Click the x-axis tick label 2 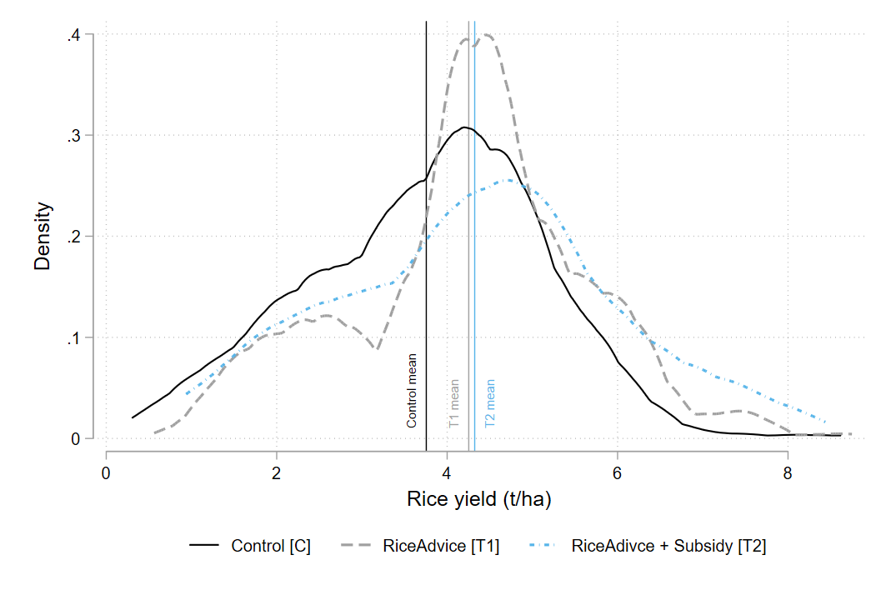[x=277, y=473]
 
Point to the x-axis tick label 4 [x=447, y=473]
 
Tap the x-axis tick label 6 [x=617, y=473]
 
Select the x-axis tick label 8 [x=788, y=473]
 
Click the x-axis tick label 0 [x=106, y=473]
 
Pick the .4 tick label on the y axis [x=73, y=36]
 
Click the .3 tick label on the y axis [x=73, y=136]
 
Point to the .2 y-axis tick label [x=73, y=237]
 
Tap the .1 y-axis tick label [x=73, y=338]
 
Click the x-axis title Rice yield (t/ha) [x=478, y=499]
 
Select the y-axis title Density [x=43, y=236]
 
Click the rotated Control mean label [x=412, y=391]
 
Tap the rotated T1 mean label [x=453, y=403]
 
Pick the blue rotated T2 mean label [x=489, y=403]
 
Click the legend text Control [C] [x=271, y=547]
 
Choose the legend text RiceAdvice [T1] [x=441, y=547]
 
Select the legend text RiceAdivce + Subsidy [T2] [x=668, y=547]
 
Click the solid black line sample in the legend [x=204, y=545]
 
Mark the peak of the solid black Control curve [x=463, y=127]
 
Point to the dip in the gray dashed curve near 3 [x=378, y=349]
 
